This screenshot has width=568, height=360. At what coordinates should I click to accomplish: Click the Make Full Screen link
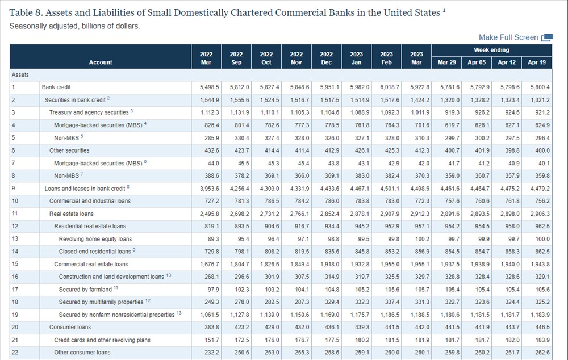(508, 37)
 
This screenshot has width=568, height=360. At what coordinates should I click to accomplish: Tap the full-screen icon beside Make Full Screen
(547, 37)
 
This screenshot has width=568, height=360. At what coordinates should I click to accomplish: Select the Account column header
(101, 62)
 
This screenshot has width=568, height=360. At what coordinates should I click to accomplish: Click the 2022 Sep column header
(236, 58)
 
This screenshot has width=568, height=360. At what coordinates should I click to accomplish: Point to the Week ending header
(491, 50)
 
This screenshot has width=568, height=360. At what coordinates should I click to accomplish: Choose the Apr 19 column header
(537, 62)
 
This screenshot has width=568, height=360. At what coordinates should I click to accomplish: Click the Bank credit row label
(56, 87)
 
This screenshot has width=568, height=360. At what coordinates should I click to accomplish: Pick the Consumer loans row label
(70, 328)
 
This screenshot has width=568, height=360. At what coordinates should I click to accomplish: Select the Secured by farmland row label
(85, 290)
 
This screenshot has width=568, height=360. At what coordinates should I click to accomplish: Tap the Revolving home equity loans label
(95, 239)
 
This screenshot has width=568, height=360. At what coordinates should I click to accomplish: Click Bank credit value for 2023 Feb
(390, 87)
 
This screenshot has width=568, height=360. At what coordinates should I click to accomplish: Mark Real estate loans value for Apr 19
(540, 214)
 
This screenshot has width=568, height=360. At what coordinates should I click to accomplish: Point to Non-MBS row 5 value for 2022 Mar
(211, 138)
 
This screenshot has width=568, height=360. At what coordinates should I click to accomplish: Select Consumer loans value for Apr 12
(512, 328)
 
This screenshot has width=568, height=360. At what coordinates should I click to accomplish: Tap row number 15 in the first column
(15, 264)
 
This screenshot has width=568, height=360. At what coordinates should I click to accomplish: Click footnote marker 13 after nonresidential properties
(179, 313)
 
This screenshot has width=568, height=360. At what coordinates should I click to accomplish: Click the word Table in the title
(21, 12)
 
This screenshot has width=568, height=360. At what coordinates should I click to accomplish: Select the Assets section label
(20, 74)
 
